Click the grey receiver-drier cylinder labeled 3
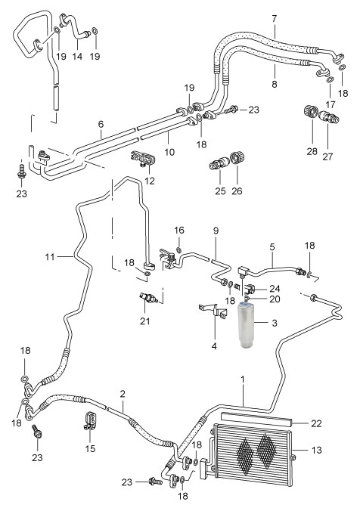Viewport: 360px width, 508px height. (x=247, y=325)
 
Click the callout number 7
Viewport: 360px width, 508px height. (x=275, y=19)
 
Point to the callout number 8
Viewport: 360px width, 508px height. (x=275, y=84)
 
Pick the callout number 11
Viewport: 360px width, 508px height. (x=50, y=257)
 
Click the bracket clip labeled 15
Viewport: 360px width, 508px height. (x=90, y=422)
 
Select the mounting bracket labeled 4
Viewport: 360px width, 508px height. (x=213, y=311)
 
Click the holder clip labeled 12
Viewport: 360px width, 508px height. (x=143, y=159)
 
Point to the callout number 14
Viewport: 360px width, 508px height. (x=77, y=57)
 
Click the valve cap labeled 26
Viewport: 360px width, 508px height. (x=237, y=159)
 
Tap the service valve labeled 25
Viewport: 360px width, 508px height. (x=219, y=163)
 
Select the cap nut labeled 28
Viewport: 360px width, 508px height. (x=310, y=112)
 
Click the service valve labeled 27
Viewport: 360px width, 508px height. (x=329, y=117)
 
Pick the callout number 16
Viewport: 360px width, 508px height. (x=179, y=231)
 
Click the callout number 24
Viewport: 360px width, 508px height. (x=275, y=289)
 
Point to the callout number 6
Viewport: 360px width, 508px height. (x=101, y=124)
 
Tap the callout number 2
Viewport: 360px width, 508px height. (x=123, y=394)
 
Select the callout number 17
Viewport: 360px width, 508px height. (x=331, y=104)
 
